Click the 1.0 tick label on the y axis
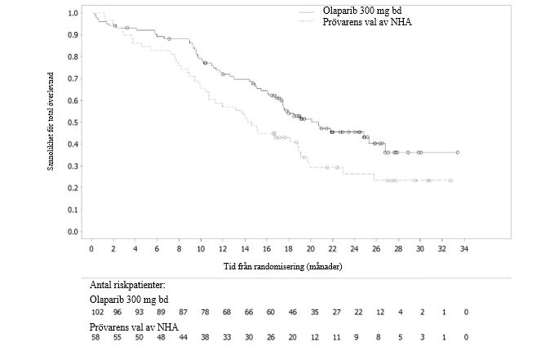coord(73,14)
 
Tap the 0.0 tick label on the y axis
coord(73,232)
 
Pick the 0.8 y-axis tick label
coord(73,57)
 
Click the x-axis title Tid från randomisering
coord(282,266)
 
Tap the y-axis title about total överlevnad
coord(51,122)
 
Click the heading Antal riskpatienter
coord(130,285)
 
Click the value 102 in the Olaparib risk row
coord(95,313)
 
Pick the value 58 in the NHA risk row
coord(95,339)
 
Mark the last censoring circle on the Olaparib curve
coord(458,153)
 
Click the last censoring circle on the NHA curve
coord(450,180)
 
